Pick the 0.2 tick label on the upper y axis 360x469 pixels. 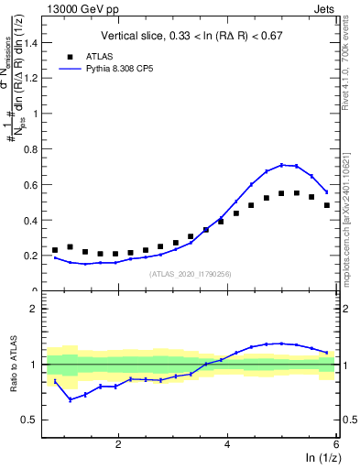coord(36,256)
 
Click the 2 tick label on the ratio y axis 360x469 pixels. coord(39,309)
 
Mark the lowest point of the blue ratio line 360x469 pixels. coord(70,399)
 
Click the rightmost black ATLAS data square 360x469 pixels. coord(326,205)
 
